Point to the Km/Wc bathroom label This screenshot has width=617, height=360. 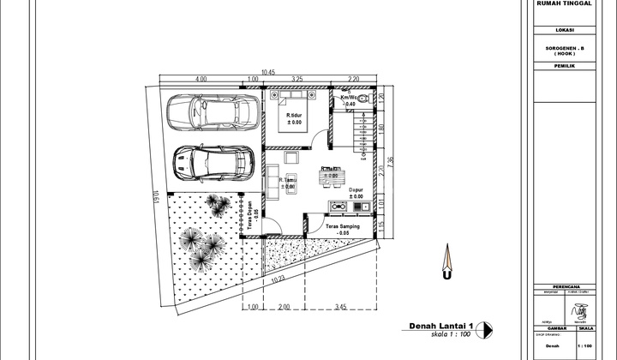tap(351, 99)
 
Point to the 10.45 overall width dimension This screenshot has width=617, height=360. tap(268, 71)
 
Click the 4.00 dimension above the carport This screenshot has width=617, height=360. tap(201, 80)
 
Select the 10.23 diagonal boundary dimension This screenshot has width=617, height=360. tap(275, 279)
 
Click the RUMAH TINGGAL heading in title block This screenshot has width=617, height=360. tap(562, 3)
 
